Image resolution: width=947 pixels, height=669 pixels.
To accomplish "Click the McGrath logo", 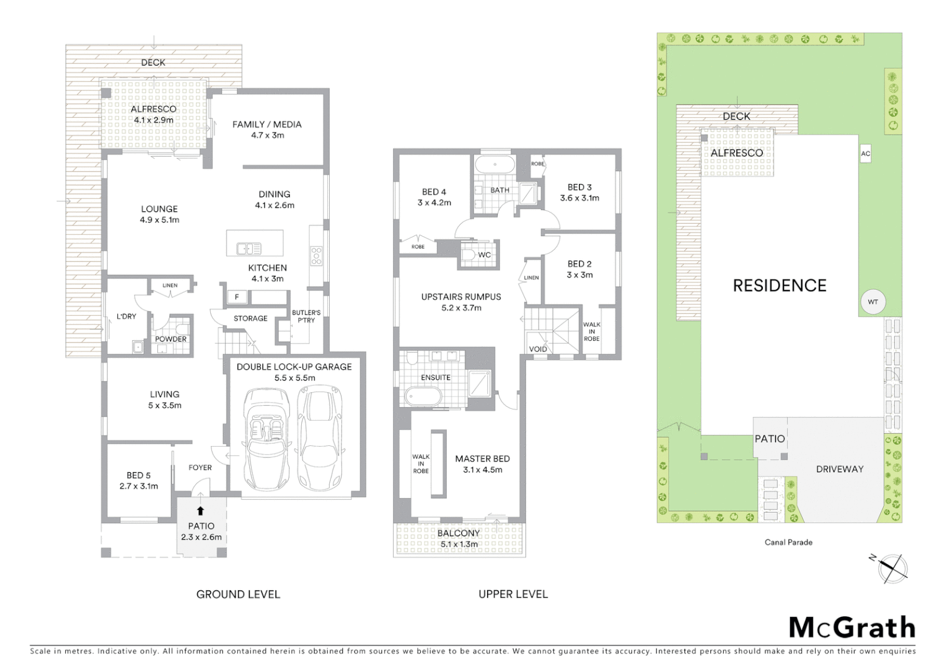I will pyautogui.click(x=852, y=628).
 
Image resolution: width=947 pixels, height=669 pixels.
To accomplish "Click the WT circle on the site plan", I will pyautogui.click(x=873, y=302).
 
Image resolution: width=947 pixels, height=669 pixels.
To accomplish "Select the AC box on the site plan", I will pyautogui.click(x=865, y=154).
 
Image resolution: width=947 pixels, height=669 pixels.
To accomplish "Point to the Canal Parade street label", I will pyautogui.click(x=788, y=542).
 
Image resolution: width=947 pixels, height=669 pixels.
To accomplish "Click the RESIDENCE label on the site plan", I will pyautogui.click(x=779, y=286).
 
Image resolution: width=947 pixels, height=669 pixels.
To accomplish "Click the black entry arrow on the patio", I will pyautogui.click(x=200, y=511).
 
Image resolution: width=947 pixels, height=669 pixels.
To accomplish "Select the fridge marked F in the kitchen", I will pyautogui.click(x=237, y=297).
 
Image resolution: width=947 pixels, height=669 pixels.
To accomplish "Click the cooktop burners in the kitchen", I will pyautogui.click(x=316, y=255).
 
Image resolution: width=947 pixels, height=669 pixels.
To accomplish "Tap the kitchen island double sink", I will pyautogui.click(x=249, y=249).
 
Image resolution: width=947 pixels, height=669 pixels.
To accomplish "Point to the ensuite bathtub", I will pyautogui.click(x=423, y=396).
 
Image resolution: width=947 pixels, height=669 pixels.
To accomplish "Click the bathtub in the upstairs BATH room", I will pyautogui.click(x=494, y=165).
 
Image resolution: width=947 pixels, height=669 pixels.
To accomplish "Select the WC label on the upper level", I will pyautogui.click(x=484, y=255).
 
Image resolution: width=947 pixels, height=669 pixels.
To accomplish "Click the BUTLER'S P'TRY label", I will pyautogui.click(x=306, y=317).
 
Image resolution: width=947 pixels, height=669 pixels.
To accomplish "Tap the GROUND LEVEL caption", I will pyautogui.click(x=238, y=595).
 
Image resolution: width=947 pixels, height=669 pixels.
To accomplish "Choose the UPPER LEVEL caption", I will pyautogui.click(x=513, y=595).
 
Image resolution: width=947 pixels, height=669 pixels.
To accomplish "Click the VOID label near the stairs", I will pyautogui.click(x=538, y=349).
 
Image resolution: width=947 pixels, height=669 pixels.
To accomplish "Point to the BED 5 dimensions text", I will pyautogui.click(x=139, y=486).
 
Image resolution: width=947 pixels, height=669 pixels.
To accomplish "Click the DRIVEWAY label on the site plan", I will pyautogui.click(x=839, y=469).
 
